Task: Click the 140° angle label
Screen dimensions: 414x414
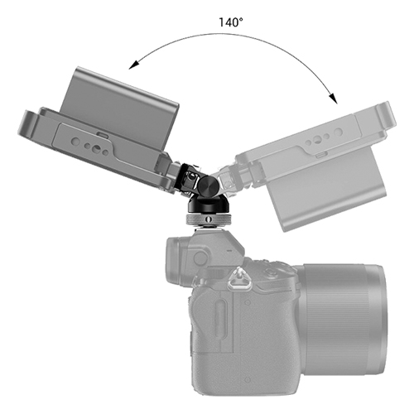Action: tap(231, 22)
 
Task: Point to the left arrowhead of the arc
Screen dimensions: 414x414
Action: tap(133, 65)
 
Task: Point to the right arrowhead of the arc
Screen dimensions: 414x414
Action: tap(334, 99)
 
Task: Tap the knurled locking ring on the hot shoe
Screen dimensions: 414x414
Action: tap(208, 219)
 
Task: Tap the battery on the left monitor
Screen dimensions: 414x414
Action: tap(121, 104)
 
